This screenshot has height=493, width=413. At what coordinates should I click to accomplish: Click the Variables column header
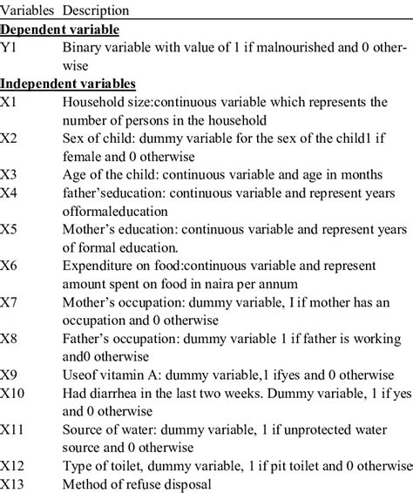click(x=26, y=10)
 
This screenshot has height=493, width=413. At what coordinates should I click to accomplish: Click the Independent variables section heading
click(x=68, y=84)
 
